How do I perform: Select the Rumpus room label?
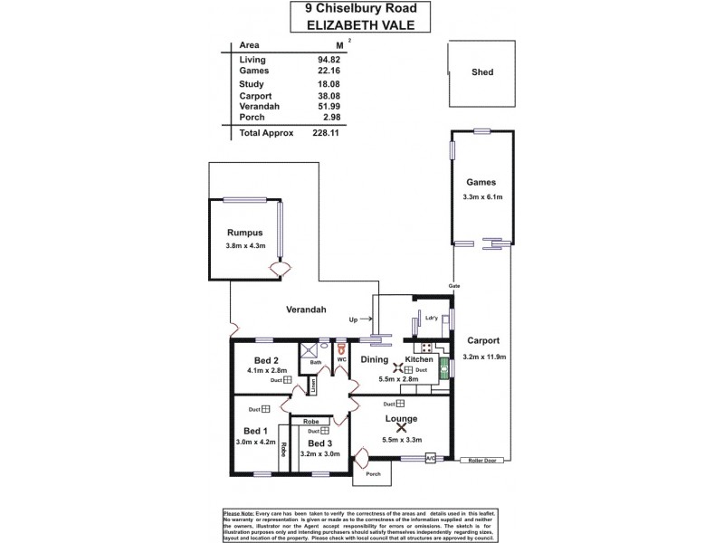[x=244, y=232]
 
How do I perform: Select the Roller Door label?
[x=482, y=461]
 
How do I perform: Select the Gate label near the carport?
[x=455, y=286]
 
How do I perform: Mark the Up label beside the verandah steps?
[x=354, y=319]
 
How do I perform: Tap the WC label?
[x=342, y=360]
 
